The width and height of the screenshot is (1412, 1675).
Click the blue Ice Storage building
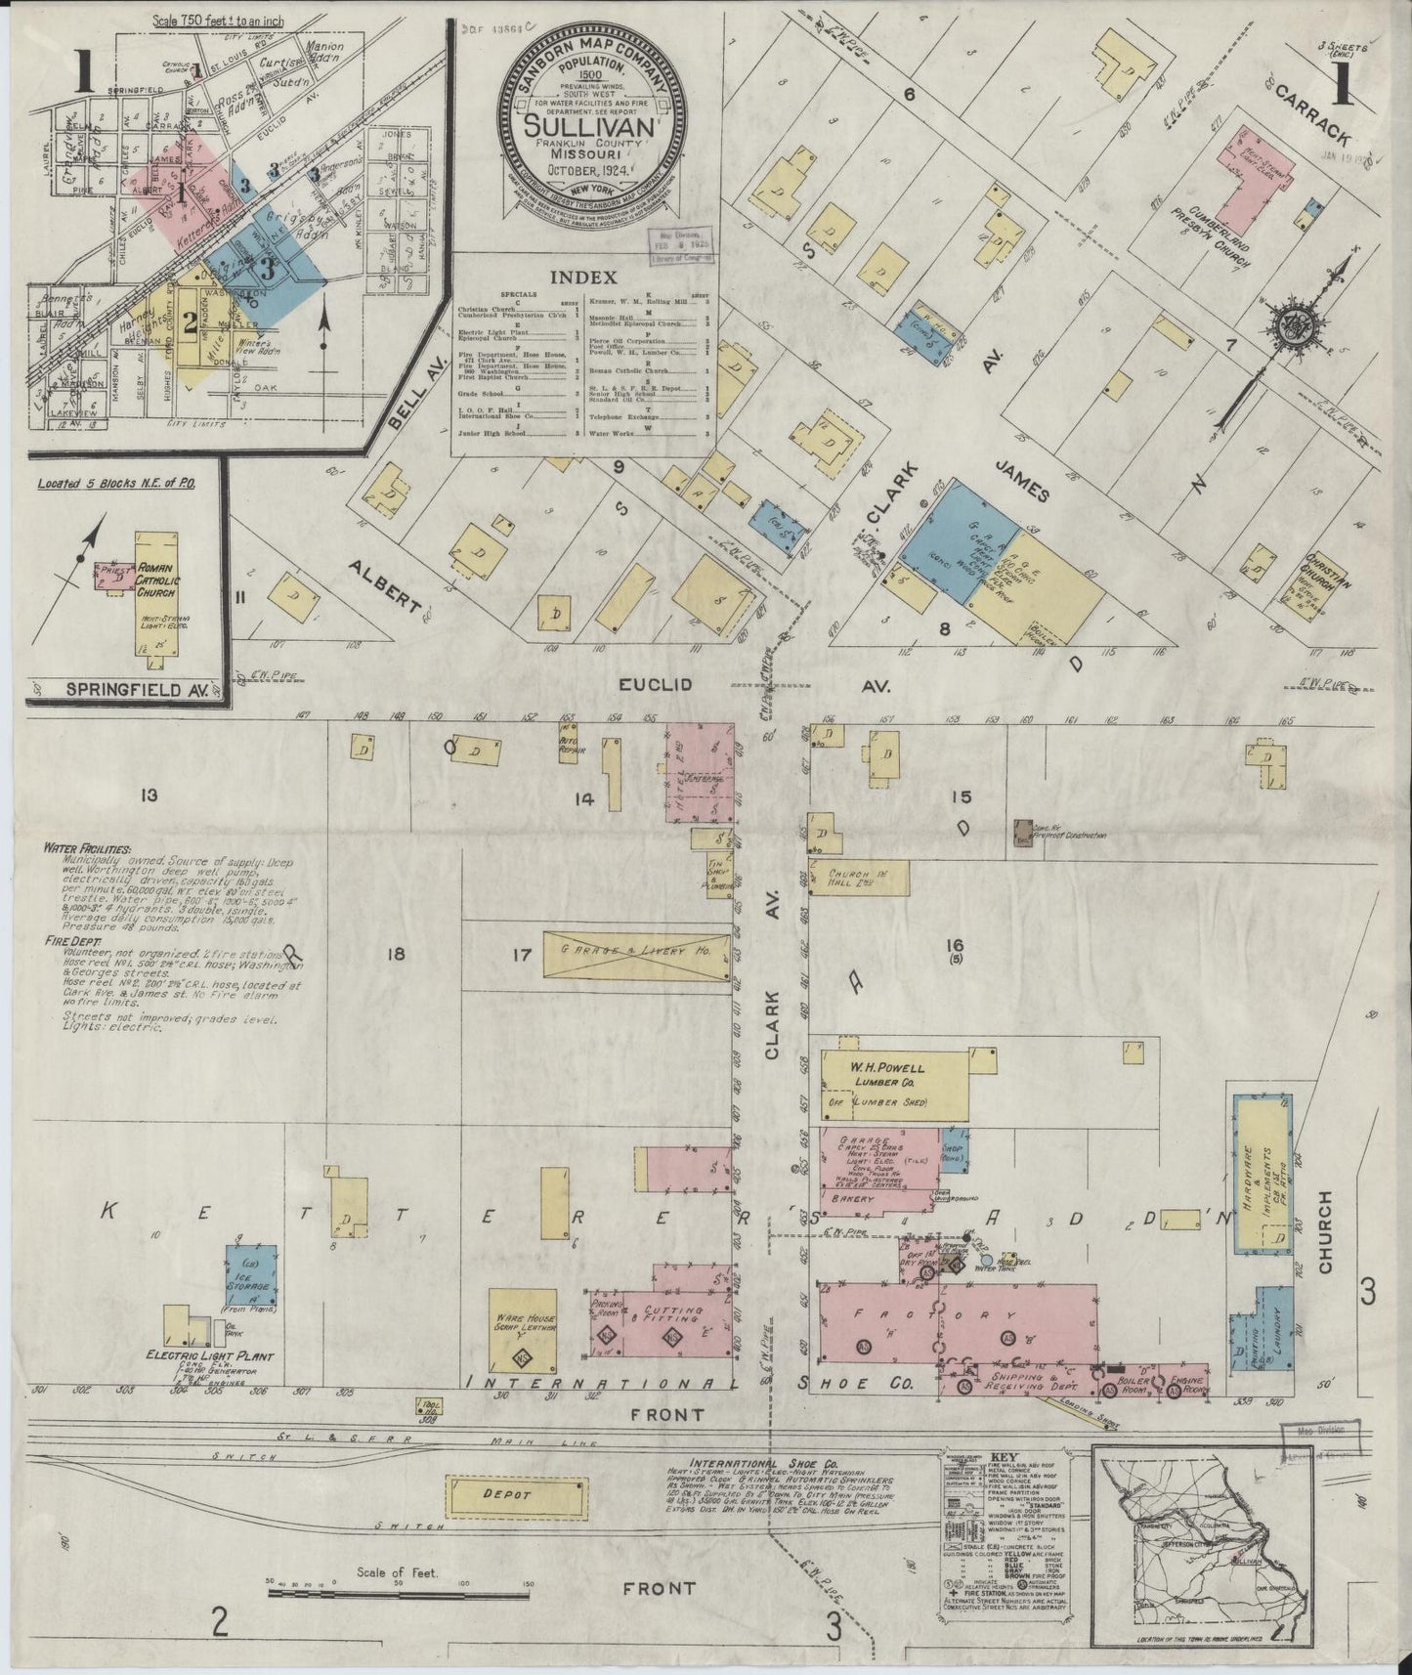click(x=251, y=1274)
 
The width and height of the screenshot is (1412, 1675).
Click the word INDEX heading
click(x=584, y=277)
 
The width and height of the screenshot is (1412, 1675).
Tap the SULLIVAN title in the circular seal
click(x=583, y=126)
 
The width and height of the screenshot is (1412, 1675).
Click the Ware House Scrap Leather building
click(x=526, y=1329)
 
